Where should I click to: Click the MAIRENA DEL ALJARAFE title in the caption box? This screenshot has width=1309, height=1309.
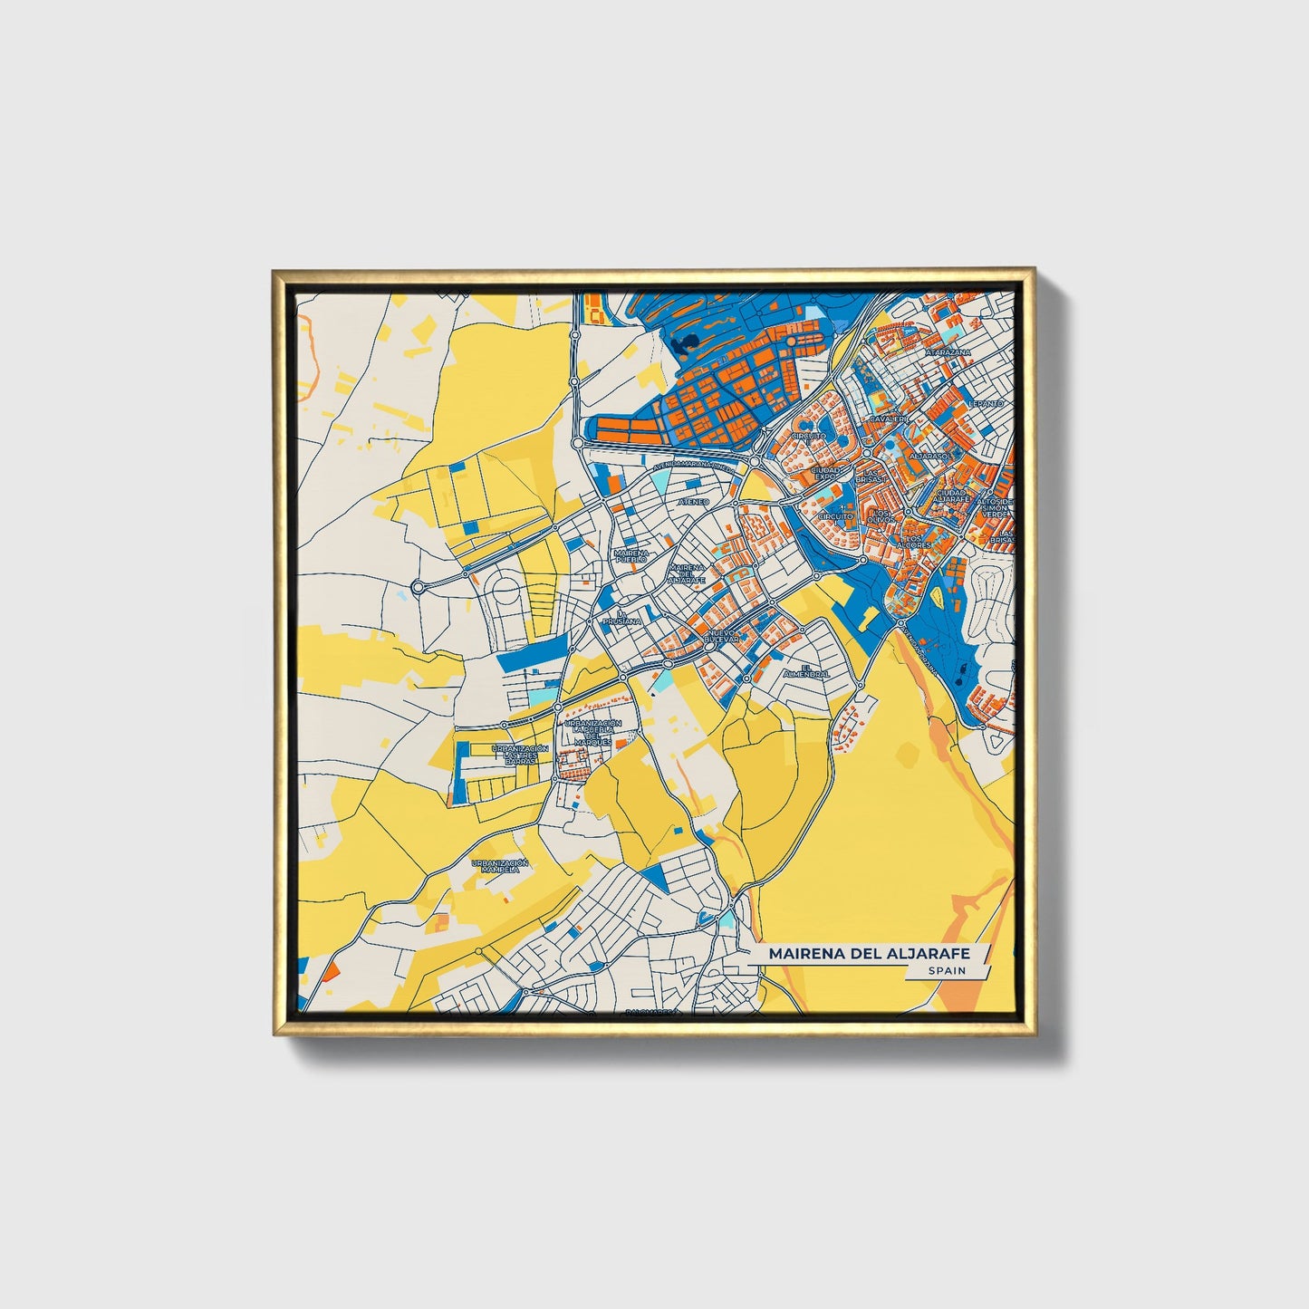coord(869,954)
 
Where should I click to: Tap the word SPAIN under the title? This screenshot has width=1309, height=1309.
coord(946,971)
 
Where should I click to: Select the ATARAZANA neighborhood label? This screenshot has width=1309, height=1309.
coord(948,351)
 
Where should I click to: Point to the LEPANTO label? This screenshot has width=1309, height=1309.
coord(986,403)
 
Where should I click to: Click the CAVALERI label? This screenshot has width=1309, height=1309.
coord(888,419)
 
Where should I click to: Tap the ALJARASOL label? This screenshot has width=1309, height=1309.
coord(929,456)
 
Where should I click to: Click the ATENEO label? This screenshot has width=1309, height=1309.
coord(694,501)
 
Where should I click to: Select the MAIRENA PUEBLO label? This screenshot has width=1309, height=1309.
coord(630,556)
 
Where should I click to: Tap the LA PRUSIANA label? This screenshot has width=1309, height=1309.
coord(623,619)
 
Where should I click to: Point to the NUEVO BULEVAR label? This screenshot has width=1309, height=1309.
coord(722,636)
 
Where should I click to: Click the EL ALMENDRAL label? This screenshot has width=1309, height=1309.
coord(809,671)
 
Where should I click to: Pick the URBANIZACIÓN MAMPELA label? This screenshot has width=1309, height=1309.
coord(499,866)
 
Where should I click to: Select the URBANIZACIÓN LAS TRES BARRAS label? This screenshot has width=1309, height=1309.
coord(520,755)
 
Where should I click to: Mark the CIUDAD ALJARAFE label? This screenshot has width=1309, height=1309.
coord(953,496)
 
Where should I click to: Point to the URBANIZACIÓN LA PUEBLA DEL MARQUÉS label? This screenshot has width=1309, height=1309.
coord(592,732)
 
